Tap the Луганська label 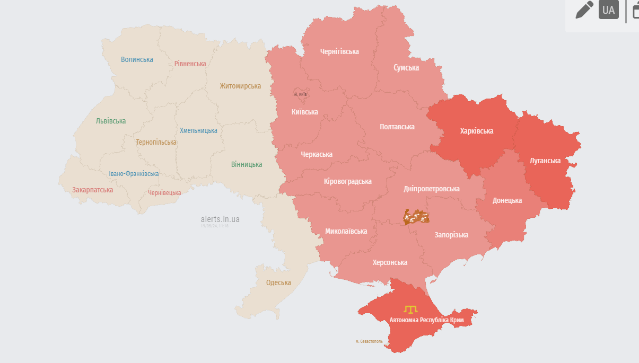coord(545,161)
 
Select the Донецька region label coord(507,200)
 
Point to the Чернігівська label coord(339,51)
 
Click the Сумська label coord(406,67)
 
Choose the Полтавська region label coord(397,127)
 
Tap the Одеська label coord(278,282)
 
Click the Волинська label coord(137,59)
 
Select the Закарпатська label coord(93,190)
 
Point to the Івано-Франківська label coord(134,174)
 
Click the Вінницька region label coord(247,164)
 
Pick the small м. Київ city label coord(301,94)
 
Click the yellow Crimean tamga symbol coord(410,308)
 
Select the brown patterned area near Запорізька coord(416,216)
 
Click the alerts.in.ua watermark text coord(220,219)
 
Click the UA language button coord(608,10)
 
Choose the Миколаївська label coord(346,231)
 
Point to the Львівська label coord(111,121)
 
